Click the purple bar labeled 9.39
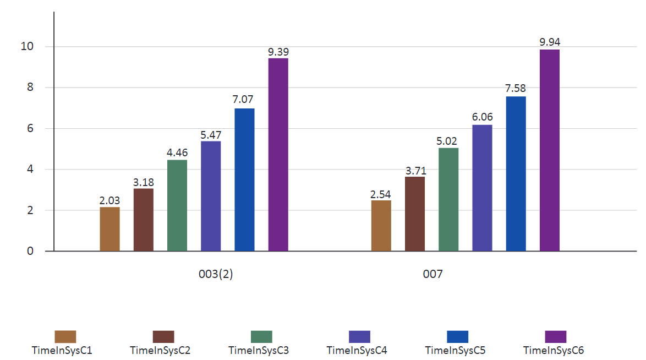278,155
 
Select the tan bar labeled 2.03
110,229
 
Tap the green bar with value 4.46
177,205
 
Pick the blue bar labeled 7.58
516,173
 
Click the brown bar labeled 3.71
415,214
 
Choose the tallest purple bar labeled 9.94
550,150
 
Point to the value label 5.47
211,135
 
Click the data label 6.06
483,117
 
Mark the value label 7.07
243,99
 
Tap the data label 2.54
381,194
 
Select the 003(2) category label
216,274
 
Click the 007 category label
433,274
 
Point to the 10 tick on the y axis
27,46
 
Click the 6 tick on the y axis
30,128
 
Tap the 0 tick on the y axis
30,250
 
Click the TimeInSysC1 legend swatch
65,336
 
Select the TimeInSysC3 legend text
259,351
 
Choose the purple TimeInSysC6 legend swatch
556,336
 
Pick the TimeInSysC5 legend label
455,351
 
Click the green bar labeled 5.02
448,200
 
